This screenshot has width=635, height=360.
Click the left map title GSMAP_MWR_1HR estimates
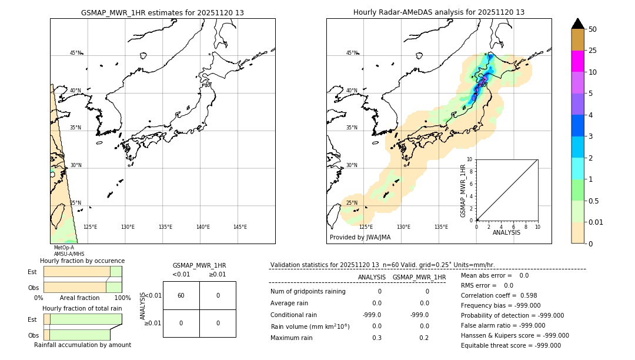pos(162,12)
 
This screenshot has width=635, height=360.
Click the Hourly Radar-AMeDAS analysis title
pos(439,12)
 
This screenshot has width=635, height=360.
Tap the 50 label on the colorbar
pos(593,29)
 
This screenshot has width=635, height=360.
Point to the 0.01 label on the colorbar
pos(596,222)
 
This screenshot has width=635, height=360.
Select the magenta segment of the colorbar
pos(577,61)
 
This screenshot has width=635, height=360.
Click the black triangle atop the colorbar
pos(577,24)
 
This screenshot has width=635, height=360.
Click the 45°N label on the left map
pos(75,53)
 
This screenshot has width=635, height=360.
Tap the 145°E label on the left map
pos(240,227)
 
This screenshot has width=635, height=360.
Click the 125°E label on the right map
pos(366,227)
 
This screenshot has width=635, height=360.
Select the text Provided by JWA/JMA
pos(360,238)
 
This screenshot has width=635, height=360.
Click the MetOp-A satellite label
pos(63,248)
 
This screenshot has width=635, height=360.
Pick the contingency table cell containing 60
pos(181,295)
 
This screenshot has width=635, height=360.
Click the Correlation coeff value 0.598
pos(520,295)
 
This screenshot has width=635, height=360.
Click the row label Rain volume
pos(310,326)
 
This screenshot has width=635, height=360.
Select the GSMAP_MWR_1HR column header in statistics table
pos(419,277)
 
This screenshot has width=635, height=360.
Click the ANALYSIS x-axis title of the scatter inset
pos(506,232)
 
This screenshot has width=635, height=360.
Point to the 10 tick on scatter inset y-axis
pos(470,159)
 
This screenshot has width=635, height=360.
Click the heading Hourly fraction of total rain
pos(82,308)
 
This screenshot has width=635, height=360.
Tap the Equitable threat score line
pos(510,345)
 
